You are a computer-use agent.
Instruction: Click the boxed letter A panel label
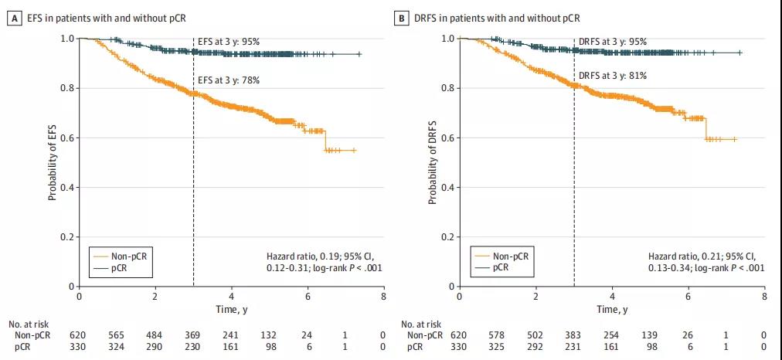pos(12,17)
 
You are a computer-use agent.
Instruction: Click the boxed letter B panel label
pos(400,17)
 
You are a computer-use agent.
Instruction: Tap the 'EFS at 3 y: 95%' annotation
pos(229,41)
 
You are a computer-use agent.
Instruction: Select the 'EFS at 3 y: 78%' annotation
pos(229,80)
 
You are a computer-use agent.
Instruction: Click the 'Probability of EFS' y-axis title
pos(53,163)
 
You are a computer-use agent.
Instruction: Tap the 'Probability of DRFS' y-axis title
pos(433,163)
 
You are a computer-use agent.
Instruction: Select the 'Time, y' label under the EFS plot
pos(231,308)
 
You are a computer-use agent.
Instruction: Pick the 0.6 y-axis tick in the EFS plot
pos(68,138)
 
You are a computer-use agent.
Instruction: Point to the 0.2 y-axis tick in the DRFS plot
pos(447,237)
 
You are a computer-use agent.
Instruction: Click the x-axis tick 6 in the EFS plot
pos(307,296)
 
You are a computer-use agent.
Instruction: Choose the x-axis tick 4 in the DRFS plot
pos(612,296)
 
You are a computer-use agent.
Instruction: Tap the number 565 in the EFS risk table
pos(117,335)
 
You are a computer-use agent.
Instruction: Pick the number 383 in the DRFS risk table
pos(573,335)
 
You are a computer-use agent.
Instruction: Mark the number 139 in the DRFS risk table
pos(650,335)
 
